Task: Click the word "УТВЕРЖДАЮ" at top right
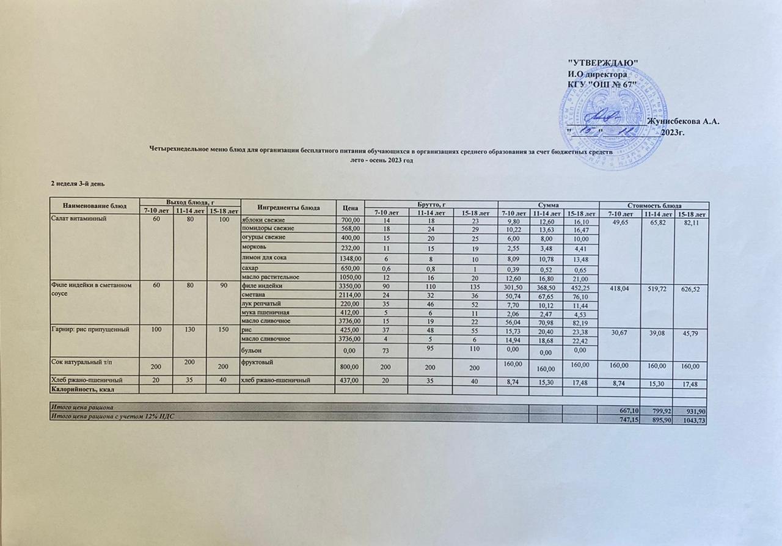point(603,64)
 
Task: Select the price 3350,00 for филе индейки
point(350,286)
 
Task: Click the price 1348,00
point(350,259)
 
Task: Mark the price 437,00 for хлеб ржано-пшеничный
point(350,380)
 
